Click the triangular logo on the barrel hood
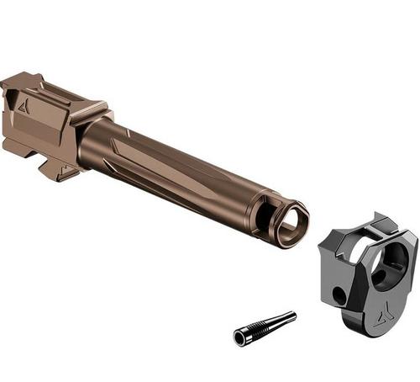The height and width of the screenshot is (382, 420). [x=23, y=105]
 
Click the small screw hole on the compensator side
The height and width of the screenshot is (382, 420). [x=339, y=295]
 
